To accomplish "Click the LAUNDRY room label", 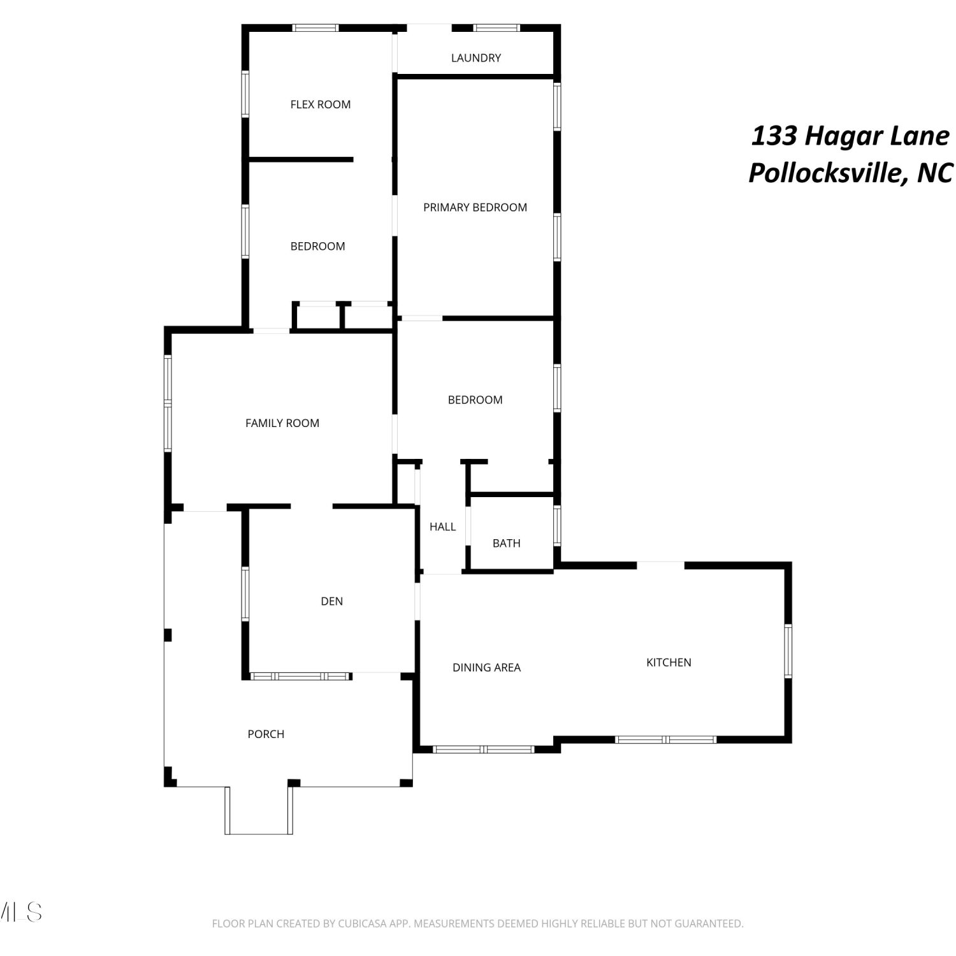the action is [x=476, y=58].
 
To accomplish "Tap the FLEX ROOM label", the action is [x=321, y=105].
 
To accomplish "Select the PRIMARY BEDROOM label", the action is [x=475, y=207].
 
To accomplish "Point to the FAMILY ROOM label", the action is [x=282, y=423].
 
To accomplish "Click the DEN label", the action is [x=332, y=601].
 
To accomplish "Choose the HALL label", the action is [x=442, y=526].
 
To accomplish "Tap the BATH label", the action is [x=507, y=543].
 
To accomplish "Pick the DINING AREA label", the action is [x=487, y=667].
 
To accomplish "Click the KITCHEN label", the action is [x=669, y=662].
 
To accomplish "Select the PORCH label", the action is [x=266, y=734].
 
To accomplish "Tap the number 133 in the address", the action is [x=774, y=136].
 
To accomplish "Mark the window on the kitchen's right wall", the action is [x=788, y=651].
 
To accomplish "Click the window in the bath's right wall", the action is [x=557, y=525].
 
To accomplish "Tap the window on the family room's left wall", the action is [x=168, y=403].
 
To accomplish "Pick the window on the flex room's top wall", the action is [x=315, y=28].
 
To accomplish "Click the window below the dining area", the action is [x=483, y=749].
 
